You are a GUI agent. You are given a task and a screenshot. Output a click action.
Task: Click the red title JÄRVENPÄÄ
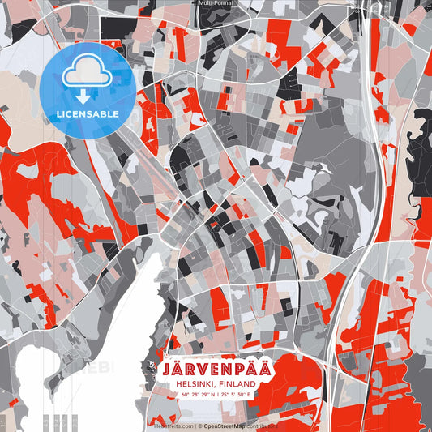pyautogui.click(x=215, y=367)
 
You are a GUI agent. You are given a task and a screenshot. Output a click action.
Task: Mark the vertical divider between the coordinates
pyautogui.click(x=216, y=395)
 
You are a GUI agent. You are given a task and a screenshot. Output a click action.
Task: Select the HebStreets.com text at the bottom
pyautogui.click(x=172, y=425)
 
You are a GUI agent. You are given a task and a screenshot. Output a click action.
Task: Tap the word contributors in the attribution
pyautogui.click(x=262, y=425)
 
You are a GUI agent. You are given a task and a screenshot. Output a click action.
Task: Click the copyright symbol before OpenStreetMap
pyautogui.click(x=199, y=425)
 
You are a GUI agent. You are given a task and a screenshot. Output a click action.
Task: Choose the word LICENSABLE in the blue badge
pyautogui.click(x=87, y=113)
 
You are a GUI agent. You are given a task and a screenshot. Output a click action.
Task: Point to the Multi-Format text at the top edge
pyautogui.click(x=217, y=3)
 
